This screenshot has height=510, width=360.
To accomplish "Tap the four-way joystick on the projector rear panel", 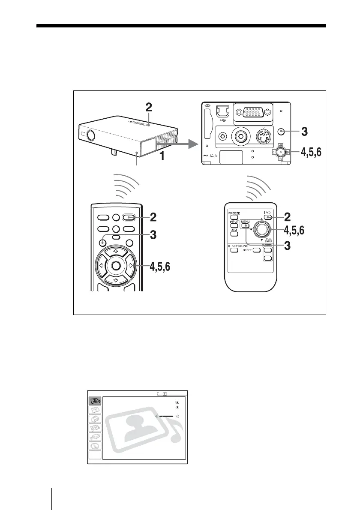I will [281, 152].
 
